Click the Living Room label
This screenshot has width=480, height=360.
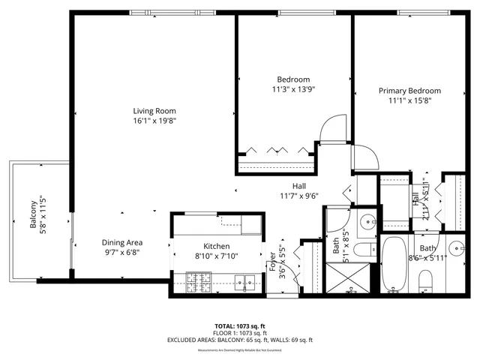pyautogui.click(x=155, y=111)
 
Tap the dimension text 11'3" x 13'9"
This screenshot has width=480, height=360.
pyautogui.click(x=293, y=89)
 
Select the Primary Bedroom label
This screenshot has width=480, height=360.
pyautogui.click(x=409, y=91)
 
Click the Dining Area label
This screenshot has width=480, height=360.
pyautogui.click(x=122, y=243)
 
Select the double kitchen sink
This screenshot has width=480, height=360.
pyautogui.click(x=244, y=283)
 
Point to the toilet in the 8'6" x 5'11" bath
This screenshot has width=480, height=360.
pyautogui.click(x=427, y=282)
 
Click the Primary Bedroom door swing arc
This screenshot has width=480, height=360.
pyautogui.click(x=366, y=157)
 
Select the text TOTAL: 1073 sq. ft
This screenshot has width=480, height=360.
pyautogui.click(x=240, y=325)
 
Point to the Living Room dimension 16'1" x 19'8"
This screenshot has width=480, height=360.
pyautogui.click(x=155, y=121)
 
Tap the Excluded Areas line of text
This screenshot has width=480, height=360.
pyautogui.click(x=240, y=340)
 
